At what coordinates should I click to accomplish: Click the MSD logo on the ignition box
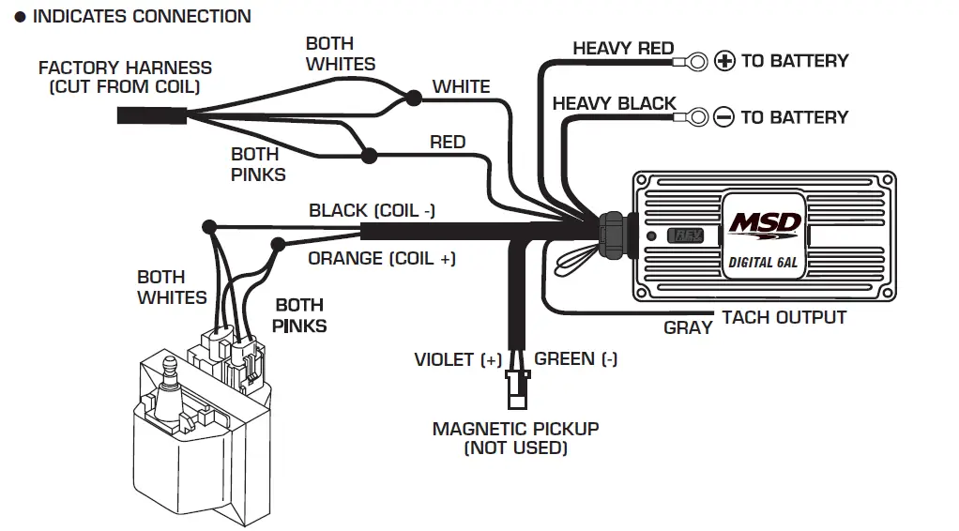pyautogui.click(x=766, y=224)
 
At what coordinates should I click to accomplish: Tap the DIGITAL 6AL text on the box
pyautogui.click(x=763, y=263)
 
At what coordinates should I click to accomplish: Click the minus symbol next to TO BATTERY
pyautogui.click(x=723, y=117)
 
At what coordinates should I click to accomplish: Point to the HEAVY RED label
pyautogui.click(x=622, y=48)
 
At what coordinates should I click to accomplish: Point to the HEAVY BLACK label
pyautogui.click(x=614, y=103)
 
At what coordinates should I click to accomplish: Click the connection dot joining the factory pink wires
pyautogui.click(x=370, y=156)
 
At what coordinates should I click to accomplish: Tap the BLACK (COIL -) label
pyautogui.click(x=372, y=210)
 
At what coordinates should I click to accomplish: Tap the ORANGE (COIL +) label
pyautogui.click(x=381, y=258)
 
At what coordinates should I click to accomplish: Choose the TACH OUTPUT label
pyautogui.click(x=784, y=318)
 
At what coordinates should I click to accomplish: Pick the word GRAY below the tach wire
pyautogui.click(x=688, y=328)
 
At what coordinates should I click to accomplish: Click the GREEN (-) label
pyautogui.click(x=575, y=358)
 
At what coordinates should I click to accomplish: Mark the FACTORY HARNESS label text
pyautogui.click(x=125, y=68)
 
